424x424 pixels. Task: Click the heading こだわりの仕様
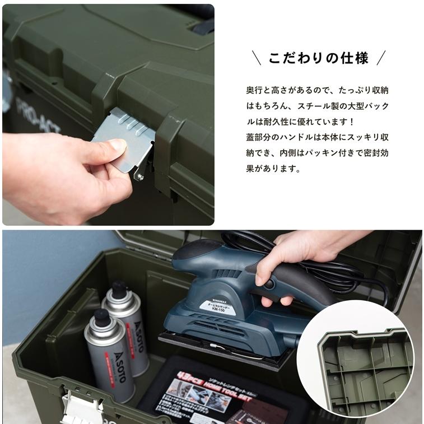point(318,58)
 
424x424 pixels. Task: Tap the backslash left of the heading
point(257,58)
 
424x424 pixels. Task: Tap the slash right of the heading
point(380,58)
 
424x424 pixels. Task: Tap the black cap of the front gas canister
point(101,316)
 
